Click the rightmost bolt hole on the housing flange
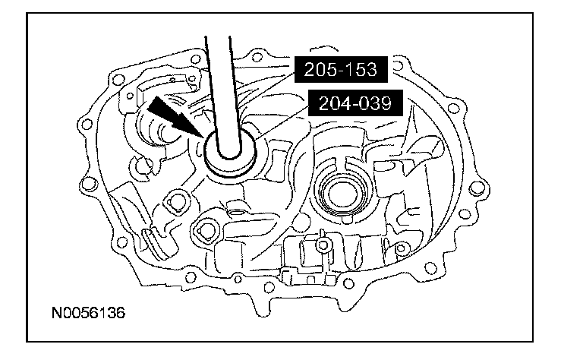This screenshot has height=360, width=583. point(479,185)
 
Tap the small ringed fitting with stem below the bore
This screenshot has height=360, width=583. point(322,245)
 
